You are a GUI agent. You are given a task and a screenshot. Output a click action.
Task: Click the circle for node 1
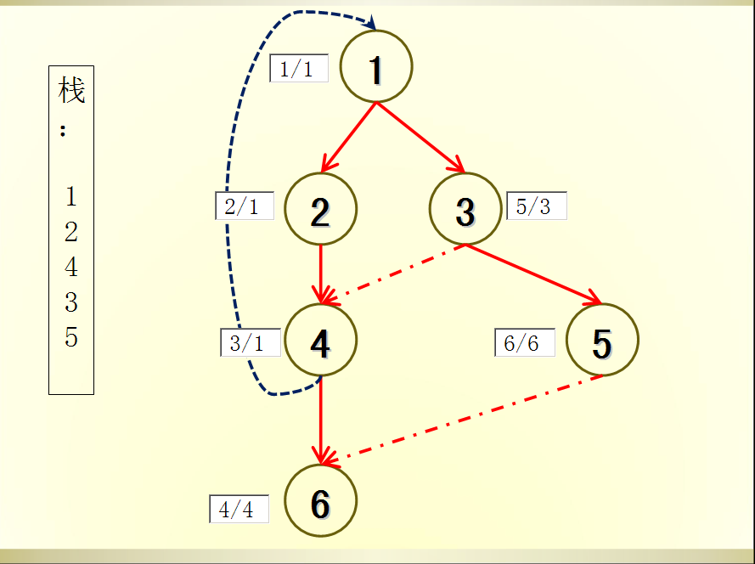(376, 66)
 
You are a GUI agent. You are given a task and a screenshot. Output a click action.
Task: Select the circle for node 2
(320, 210)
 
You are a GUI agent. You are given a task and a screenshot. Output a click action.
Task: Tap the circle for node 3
(465, 210)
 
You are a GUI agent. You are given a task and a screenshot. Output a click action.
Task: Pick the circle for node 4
(320, 341)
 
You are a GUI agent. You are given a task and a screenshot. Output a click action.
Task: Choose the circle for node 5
(601, 341)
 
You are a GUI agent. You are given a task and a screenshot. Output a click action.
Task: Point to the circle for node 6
(320, 501)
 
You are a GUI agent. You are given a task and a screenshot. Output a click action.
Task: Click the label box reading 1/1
(298, 68)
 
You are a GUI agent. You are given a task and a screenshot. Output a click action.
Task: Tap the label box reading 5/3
(536, 206)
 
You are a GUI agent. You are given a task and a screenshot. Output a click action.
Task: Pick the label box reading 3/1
(248, 342)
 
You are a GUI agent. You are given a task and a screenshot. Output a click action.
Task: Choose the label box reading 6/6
(524, 342)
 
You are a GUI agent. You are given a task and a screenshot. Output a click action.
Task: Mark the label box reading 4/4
(239, 509)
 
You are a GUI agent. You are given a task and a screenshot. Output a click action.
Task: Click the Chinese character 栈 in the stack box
(71, 89)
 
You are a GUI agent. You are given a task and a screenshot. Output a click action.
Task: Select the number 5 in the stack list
(71, 337)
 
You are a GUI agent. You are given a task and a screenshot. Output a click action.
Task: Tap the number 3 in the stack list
(71, 302)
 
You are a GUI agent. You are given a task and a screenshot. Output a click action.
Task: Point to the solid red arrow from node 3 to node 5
(532, 274)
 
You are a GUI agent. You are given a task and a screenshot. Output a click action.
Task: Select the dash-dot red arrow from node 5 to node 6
(463, 420)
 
